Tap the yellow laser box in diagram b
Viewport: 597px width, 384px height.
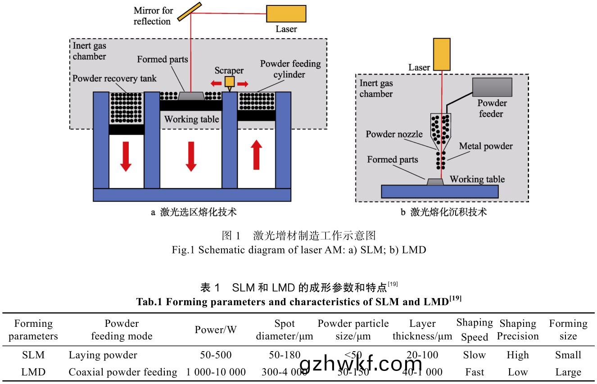click(442, 54)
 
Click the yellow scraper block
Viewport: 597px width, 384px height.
click(230, 81)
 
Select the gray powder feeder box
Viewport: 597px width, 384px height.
click(492, 87)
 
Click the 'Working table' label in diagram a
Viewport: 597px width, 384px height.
click(191, 119)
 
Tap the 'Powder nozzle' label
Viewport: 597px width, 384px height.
click(394, 134)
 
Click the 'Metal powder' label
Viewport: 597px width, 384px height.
click(486, 146)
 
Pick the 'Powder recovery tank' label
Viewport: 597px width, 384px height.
click(115, 78)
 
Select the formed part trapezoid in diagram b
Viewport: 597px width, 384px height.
click(435, 181)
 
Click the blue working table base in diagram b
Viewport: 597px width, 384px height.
click(439, 191)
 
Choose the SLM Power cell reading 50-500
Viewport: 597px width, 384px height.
click(216, 355)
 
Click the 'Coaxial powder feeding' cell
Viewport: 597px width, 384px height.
click(123, 372)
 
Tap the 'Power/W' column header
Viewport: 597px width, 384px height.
click(216, 330)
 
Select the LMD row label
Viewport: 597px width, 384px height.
click(33, 372)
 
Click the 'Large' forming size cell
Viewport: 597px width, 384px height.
click(568, 372)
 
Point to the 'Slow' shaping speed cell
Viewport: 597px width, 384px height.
click(475, 355)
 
